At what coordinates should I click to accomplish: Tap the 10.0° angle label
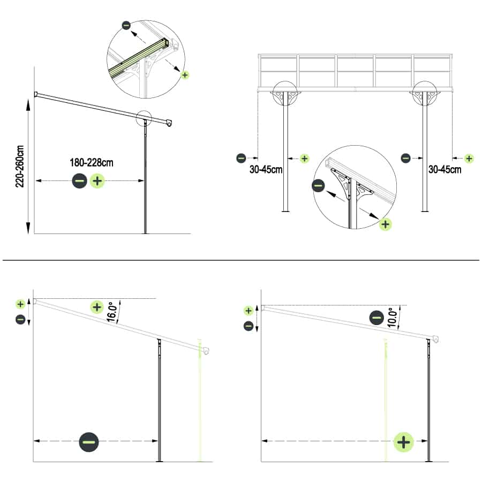pyautogui.click(x=392, y=317)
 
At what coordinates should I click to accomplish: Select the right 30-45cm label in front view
pyautogui.click(x=445, y=170)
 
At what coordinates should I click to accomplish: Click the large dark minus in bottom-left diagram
pyautogui.click(x=88, y=442)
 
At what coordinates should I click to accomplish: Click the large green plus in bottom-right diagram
pyautogui.click(x=404, y=442)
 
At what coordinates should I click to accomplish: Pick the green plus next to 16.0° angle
pyautogui.click(x=96, y=307)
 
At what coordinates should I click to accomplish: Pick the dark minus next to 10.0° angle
pyautogui.click(x=376, y=318)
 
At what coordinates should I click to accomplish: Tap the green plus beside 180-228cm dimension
pyautogui.click(x=97, y=181)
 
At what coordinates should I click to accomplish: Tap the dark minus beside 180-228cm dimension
pyautogui.click(x=79, y=181)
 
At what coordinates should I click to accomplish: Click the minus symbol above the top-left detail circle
pyautogui.click(x=126, y=25)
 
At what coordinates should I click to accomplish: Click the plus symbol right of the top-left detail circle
pyautogui.click(x=185, y=75)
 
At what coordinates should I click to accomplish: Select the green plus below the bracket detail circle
pyautogui.click(x=385, y=224)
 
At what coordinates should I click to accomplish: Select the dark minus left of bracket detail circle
pyautogui.click(x=318, y=186)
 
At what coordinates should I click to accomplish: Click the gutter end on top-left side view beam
pyautogui.click(x=169, y=123)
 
